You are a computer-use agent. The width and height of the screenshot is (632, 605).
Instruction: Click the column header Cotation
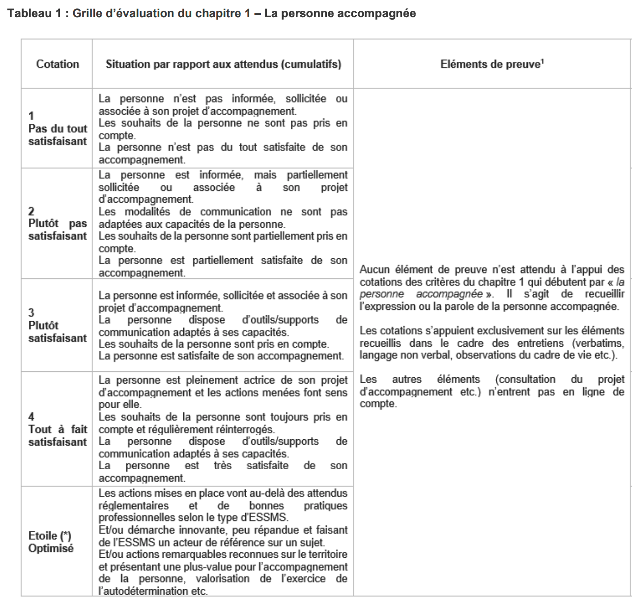(57, 64)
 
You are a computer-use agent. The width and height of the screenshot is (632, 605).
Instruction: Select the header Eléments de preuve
(489, 64)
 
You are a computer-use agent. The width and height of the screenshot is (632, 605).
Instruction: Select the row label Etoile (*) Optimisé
(51, 542)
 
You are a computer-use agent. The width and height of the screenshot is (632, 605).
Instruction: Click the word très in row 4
(223, 466)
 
